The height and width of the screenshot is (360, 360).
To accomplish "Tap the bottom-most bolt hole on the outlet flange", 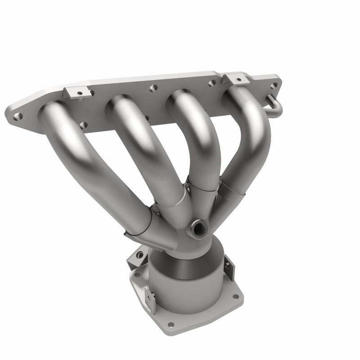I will coord(171,324).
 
